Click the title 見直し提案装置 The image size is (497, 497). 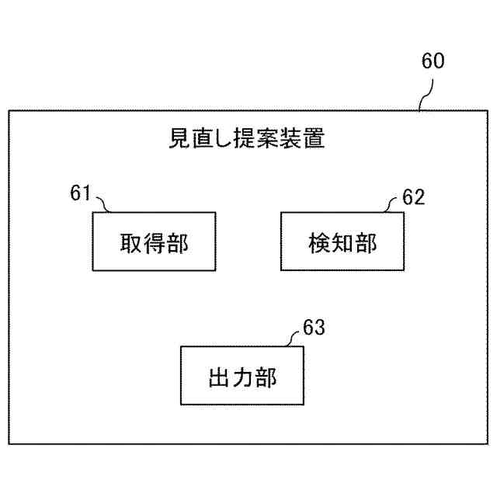coord(247,140)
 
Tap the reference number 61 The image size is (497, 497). coord(81,193)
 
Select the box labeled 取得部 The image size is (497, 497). coord(155,242)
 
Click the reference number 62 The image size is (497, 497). coord(413,197)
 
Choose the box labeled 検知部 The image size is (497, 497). coord(342,242)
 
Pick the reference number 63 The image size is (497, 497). coord(314,327)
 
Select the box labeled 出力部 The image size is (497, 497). coord(242,378)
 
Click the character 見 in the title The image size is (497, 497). coord(180,140)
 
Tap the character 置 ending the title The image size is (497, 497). coord(313,140)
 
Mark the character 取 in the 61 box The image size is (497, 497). coord(130,243)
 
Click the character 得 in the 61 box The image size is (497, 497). coord(155,243)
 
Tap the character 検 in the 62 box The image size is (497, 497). coord(318,243)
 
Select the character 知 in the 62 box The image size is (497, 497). coord(342,243)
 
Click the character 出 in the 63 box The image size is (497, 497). coord(218,379)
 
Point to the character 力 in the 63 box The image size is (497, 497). coord(242,379)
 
